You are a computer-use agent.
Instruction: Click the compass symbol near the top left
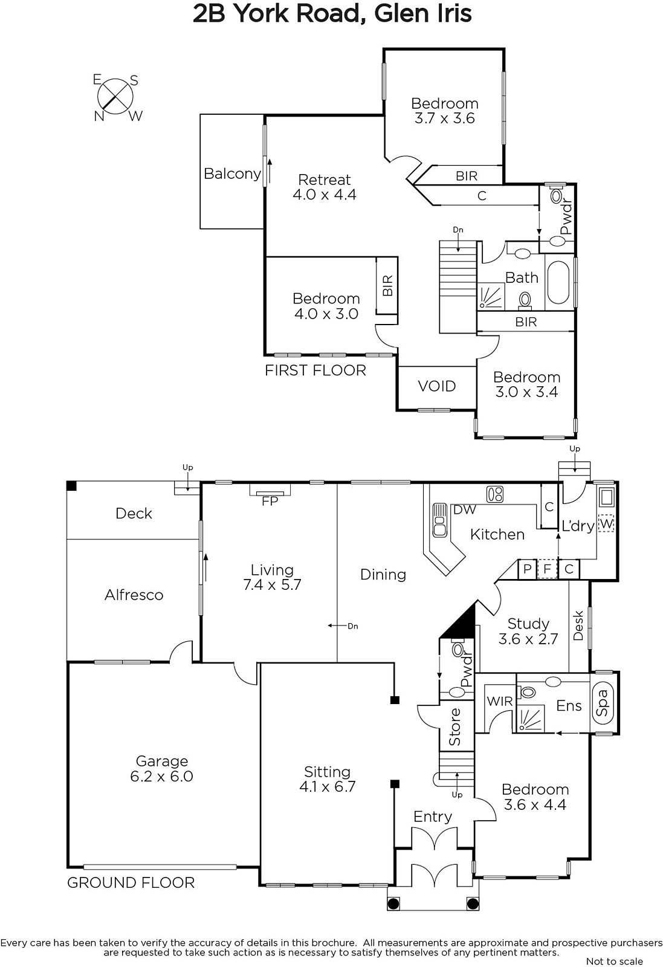115,96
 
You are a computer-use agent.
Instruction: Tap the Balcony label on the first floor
232,173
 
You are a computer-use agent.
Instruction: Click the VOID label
437,386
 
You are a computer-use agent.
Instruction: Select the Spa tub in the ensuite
603,702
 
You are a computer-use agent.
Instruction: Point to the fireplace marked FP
270,490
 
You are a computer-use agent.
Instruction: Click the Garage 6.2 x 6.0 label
161,768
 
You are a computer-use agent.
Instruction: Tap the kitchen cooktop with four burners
494,494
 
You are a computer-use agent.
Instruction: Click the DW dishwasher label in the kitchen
464,509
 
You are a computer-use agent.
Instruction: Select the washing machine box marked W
606,524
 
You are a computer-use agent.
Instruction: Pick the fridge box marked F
548,569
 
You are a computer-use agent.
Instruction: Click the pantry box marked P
528,569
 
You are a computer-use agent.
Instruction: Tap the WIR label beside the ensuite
499,701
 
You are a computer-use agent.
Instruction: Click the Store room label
455,727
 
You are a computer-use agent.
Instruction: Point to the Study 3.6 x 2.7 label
528,631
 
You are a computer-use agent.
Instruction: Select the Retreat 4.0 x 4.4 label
325,187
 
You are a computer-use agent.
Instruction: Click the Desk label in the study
578,625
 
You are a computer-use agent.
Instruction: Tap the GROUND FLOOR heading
131,883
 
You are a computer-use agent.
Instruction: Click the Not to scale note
615,961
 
